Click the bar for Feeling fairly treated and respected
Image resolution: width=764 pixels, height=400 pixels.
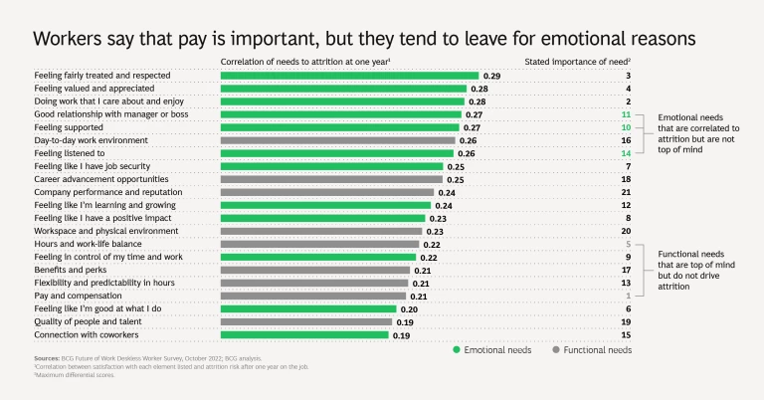click(x=349, y=76)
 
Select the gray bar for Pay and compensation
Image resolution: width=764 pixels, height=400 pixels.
click(x=313, y=296)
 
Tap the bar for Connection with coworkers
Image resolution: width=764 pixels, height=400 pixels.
click(x=304, y=334)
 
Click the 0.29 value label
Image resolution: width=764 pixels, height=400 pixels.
click(x=491, y=76)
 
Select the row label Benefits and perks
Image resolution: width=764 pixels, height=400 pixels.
click(x=69, y=270)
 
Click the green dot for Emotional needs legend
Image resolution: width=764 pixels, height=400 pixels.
click(x=456, y=350)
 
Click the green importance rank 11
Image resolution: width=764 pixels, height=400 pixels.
click(x=626, y=114)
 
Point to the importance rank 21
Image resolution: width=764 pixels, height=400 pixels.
click(x=626, y=192)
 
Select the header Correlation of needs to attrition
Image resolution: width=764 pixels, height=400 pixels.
click(x=304, y=61)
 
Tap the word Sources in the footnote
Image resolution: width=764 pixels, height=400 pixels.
click(x=48, y=356)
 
